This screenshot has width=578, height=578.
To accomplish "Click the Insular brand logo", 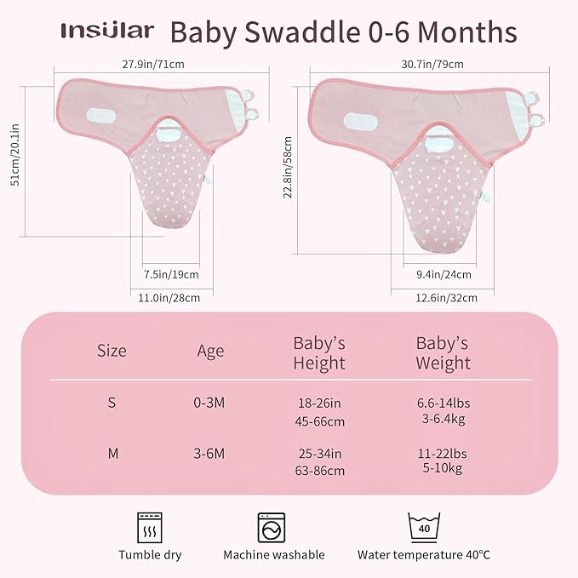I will click(x=107, y=31).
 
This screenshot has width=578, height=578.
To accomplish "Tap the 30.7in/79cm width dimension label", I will click(x=432, y=64).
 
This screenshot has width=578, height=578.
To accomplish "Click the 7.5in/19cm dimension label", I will click(x=171, y=274).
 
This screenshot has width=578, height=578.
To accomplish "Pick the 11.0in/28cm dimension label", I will click(x=169, y=297).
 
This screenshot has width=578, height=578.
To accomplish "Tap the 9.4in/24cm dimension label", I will click(x=444, y=274).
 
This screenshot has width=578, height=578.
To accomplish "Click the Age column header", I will click(x=210, y=351).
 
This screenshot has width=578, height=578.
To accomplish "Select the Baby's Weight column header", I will click(x=443, y=353).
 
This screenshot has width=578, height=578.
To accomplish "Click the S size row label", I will click(x=112, y=403).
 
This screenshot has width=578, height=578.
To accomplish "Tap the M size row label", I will click(x=112, y=454).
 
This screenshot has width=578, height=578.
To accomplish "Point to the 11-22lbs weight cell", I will click(x=443, y=454).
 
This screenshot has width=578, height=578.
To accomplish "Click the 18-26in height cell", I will click(x=318, y=403).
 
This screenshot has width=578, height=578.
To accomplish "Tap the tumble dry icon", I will click(x=149, y=525).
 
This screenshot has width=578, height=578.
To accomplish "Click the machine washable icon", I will click(x=273, y=527).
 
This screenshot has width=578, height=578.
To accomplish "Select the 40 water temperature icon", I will click(x=423, y=525).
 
